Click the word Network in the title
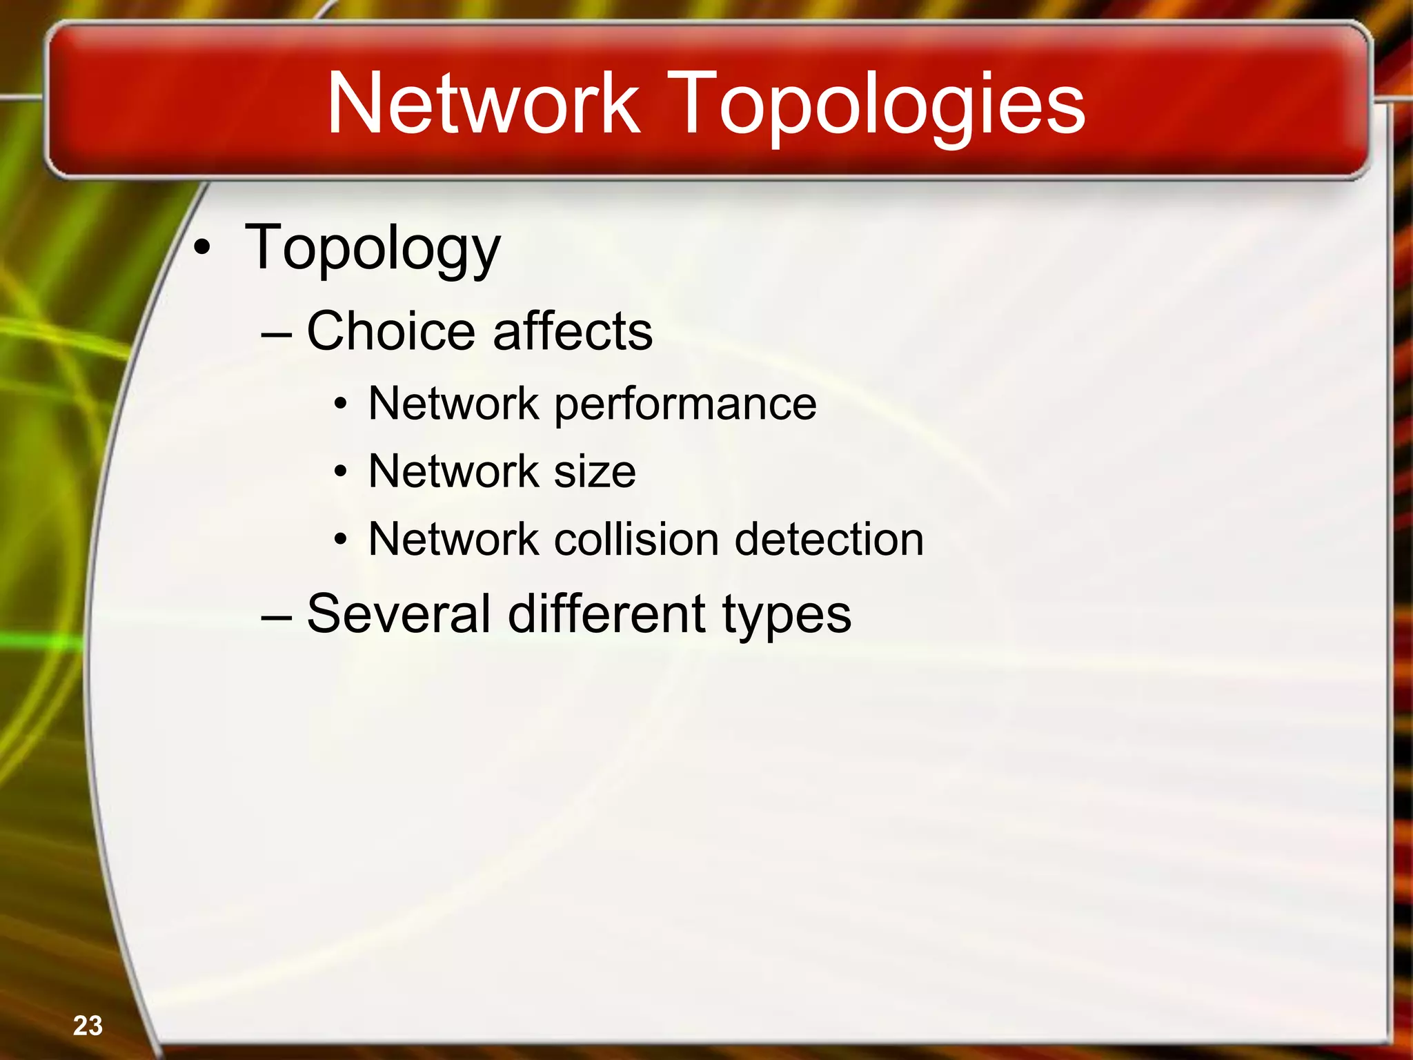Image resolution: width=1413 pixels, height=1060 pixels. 484,104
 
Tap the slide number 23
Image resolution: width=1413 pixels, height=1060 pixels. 88,1025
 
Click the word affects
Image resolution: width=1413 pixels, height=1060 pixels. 573,331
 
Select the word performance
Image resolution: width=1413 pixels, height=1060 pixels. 685,405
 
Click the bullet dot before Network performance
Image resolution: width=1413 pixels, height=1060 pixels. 341,405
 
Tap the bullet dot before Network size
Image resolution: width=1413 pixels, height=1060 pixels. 341,473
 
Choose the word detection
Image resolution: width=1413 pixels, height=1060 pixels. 829,539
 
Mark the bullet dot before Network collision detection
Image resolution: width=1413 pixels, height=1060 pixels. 341,540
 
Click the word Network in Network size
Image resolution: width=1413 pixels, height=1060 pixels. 453,472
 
